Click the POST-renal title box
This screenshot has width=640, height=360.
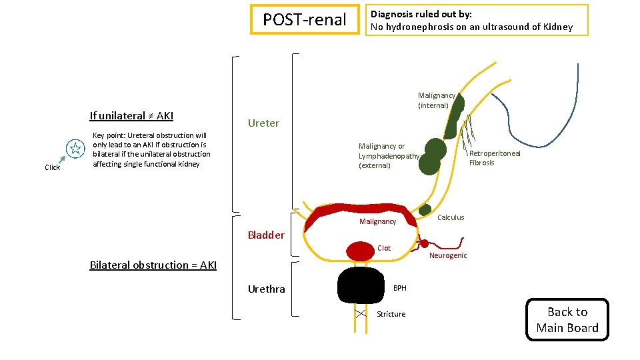304,20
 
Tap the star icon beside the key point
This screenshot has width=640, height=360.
75,150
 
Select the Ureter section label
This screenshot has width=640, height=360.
263,123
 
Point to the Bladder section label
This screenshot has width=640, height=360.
266,235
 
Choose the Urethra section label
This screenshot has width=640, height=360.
266,289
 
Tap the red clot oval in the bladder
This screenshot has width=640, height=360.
360,250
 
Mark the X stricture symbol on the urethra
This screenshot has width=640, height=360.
361,313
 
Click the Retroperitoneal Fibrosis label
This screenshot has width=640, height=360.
494,158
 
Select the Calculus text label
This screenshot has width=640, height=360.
451,217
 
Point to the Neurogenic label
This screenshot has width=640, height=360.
448,255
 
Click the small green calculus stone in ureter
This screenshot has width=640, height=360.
425,209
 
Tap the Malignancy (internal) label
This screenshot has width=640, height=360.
436,101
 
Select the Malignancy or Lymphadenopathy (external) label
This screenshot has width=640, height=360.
388,156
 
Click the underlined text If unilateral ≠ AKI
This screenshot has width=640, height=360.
131,116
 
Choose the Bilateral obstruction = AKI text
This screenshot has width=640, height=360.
153,265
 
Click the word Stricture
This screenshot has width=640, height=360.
391,314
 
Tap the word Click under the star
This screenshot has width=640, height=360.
52,167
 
